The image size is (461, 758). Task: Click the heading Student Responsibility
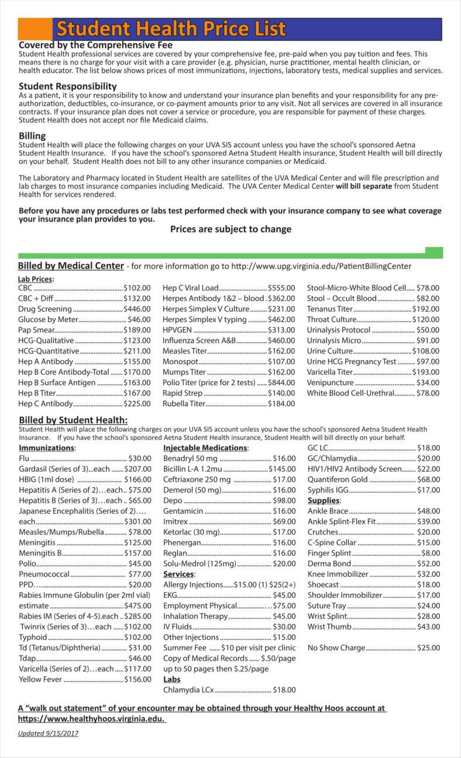pos(68,86)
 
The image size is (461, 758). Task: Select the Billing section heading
pos(32,135)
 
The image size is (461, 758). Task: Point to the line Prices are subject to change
pos(230,229)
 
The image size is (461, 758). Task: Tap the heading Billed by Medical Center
pos(71,266)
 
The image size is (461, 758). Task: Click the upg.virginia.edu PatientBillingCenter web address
pos(321,266)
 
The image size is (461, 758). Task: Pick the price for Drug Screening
pos(137,309)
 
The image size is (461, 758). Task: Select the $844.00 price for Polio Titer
pos(281,382)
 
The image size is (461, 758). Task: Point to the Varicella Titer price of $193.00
pos(425,372)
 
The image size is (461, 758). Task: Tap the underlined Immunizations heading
pos(47,448)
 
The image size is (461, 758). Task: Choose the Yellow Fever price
pos(137,679)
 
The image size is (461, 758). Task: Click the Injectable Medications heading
pos(205,448)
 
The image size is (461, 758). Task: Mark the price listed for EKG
pos(284,595)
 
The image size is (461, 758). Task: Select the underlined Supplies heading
pos(324,500)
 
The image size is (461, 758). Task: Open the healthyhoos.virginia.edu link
pos(92,718)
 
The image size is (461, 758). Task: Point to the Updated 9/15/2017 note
pos(48,733)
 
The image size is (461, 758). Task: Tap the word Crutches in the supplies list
pos(323,532)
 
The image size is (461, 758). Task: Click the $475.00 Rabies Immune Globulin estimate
pos(137,605)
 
